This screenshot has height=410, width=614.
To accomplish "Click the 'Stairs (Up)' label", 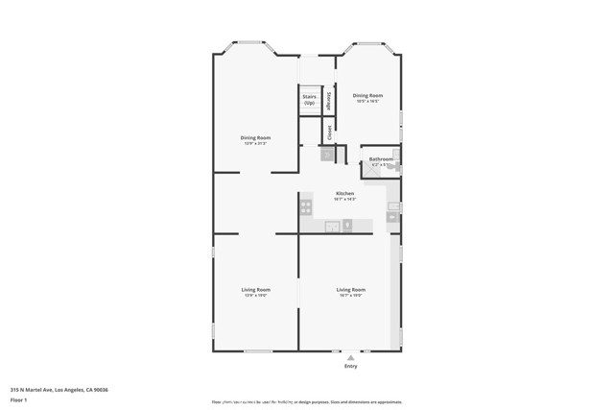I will pyautogui.click(x=310, y=99).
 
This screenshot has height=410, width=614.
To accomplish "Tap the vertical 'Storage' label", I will pyautogui.click(x=329, y=100).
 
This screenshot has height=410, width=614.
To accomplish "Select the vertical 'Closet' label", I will pyautogui.click(x=329, y=130).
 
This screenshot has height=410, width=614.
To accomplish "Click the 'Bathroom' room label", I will pyautogui.click(x=381, y=159).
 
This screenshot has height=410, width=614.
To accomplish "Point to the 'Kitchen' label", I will pyautogui.click(x=344, y=193).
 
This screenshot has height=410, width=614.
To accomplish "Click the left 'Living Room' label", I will pyautogui.click(x=255, y=289).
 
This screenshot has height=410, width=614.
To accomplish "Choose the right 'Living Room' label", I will pyautogui.click(x=350, y=289).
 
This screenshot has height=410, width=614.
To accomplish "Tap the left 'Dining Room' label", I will pyautogui.click(x=255, y=137).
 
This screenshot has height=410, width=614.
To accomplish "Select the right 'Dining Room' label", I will pyautogui.click(x=366, y=95).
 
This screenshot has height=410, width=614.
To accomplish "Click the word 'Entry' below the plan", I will pyautogui.click(x=350, y=367).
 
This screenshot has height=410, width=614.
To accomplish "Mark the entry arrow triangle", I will pyautogui.click(x=350, y=357).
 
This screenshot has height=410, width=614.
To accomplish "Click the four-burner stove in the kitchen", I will pyautogui.click(x=306, y=206).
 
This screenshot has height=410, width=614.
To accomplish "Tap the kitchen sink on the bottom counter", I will pyautogui.click(x=332, y=227).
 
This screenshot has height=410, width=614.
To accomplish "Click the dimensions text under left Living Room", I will pyautogui.click(x=255, y=296).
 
